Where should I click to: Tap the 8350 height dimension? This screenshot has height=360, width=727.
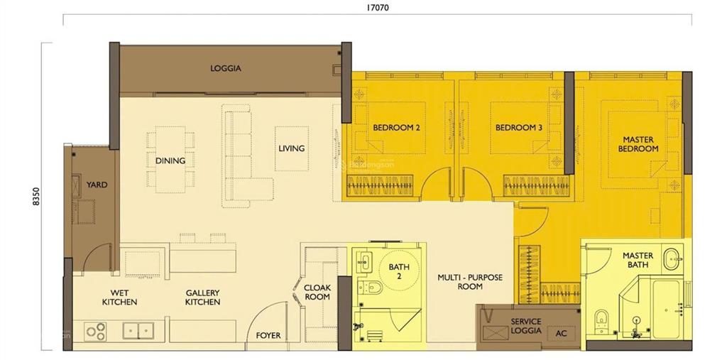pos(34,195)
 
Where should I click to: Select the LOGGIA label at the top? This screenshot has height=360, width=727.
pos(226,69)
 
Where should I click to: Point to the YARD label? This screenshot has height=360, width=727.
pos(97,185)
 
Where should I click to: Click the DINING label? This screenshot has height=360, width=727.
pos(170,160)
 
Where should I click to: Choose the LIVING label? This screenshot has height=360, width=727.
pos(291,148)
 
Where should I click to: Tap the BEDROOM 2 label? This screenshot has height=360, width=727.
pos(397,128)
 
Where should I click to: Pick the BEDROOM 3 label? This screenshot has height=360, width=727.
pos(519,128)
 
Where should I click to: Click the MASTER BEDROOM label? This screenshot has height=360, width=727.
pos(638,144)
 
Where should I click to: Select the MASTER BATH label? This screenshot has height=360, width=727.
pos(638,260)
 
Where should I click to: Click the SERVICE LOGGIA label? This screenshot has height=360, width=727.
pos(526,326)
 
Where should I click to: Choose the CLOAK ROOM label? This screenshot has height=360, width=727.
pos(317,292)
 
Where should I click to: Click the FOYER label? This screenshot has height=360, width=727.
pos(268,335)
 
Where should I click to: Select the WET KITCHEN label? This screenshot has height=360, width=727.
pos(119,297)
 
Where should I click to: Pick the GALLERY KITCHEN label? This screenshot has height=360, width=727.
pos(202,297)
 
